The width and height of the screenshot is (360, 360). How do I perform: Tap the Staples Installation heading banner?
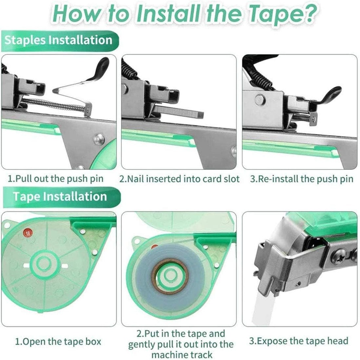(x=58, y=40)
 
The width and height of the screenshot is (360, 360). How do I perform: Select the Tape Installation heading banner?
(x=60, y=197)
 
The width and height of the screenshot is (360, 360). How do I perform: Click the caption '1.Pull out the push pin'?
(x=56, y=179)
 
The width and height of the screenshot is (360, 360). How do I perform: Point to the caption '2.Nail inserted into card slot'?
(x=179, y=179)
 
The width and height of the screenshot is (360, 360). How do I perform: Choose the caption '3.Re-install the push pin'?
(x=301, y=179)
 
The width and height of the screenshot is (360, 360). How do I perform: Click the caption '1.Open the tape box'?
(x=58, y=341)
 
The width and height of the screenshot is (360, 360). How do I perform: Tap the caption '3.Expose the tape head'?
(x=298, y=340)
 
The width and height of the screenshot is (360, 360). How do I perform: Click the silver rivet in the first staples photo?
(x=99, y=140)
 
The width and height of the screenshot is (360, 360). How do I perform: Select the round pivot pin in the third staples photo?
(x=260, y=100)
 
